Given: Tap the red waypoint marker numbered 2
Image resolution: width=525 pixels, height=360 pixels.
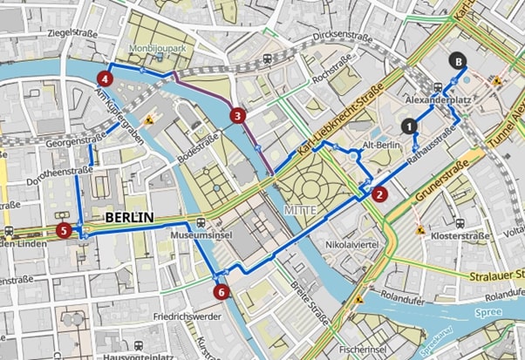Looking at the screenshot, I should pos(379,194).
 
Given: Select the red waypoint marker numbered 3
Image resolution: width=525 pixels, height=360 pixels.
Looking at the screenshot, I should pos(237,114).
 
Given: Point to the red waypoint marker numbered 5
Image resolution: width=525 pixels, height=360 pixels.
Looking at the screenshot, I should pos(63,231).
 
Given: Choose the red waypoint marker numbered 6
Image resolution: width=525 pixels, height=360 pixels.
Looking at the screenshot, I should pos(222,292).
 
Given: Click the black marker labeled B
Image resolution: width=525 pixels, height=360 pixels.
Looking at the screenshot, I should pos(457,60).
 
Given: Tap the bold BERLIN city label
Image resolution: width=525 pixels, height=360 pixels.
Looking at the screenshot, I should pos(129,217).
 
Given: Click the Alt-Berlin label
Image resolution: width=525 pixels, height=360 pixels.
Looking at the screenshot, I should pos(380,146).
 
